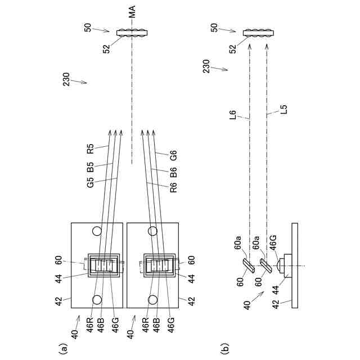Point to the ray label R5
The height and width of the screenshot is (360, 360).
tap(91, 150)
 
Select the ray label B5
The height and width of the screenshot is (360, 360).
tap(91, 166)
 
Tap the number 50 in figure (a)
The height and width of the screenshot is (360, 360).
tap(88, 27)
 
